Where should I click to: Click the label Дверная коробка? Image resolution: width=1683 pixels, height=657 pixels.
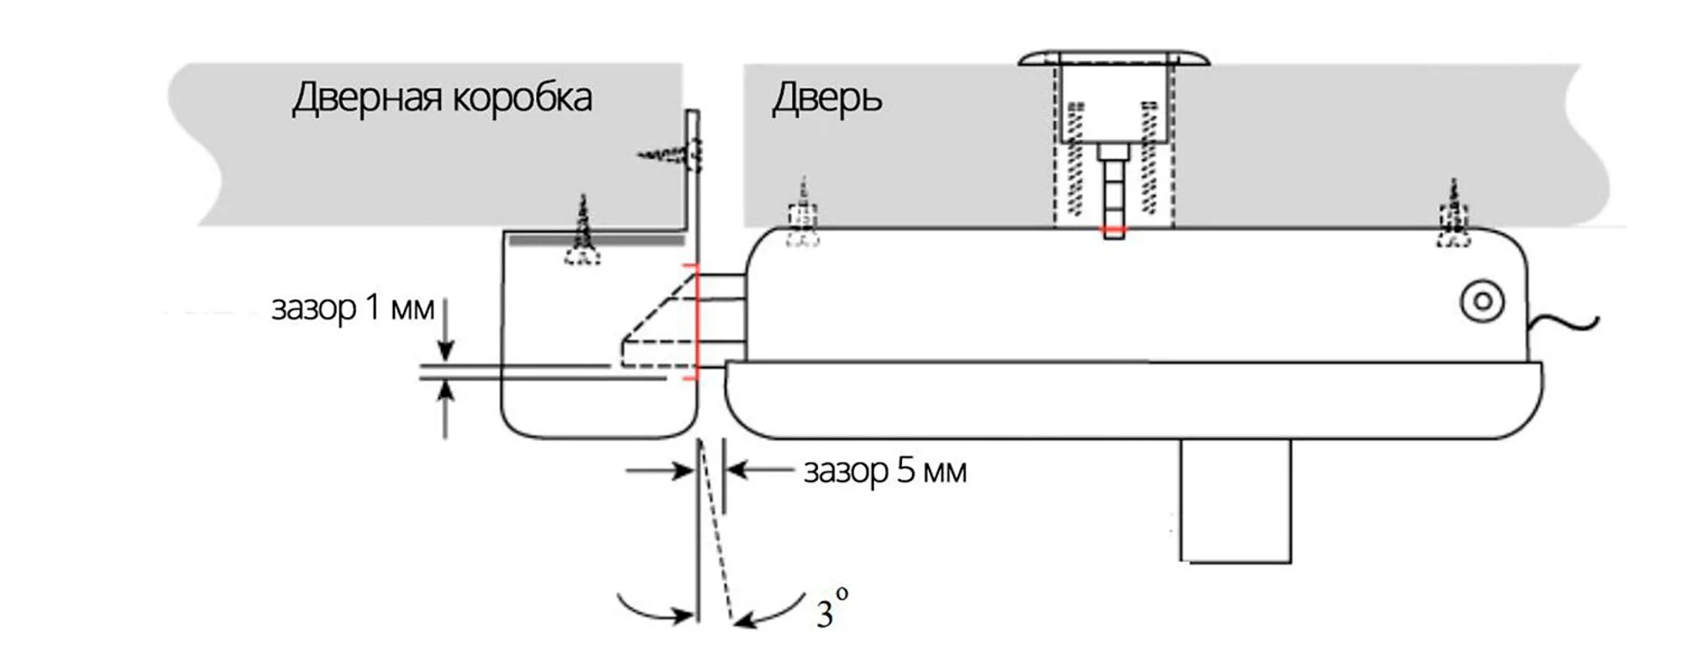(x=442, y=98)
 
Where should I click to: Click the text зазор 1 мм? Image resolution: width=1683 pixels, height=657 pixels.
(x=353, y=308)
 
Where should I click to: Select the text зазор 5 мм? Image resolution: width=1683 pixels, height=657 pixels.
(x=885, y=470)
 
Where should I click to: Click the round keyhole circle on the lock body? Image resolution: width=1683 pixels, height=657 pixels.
(x=1483, y=301)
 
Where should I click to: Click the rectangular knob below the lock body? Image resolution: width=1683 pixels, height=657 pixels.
(x=1234, y=501)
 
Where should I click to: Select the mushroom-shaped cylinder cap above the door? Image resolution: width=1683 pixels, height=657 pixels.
(x=1113, y=58)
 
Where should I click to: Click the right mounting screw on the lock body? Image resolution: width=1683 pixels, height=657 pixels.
(x=1453, y=216)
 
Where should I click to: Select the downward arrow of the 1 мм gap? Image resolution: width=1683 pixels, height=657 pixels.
(x=446, y=332)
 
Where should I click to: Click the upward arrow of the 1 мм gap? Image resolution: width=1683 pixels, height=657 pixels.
(x=446, y=408)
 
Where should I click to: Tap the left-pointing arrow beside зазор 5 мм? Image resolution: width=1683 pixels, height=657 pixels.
(x=757, y=469)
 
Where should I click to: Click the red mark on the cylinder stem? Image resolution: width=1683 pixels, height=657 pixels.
(x=1113, y=229)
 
